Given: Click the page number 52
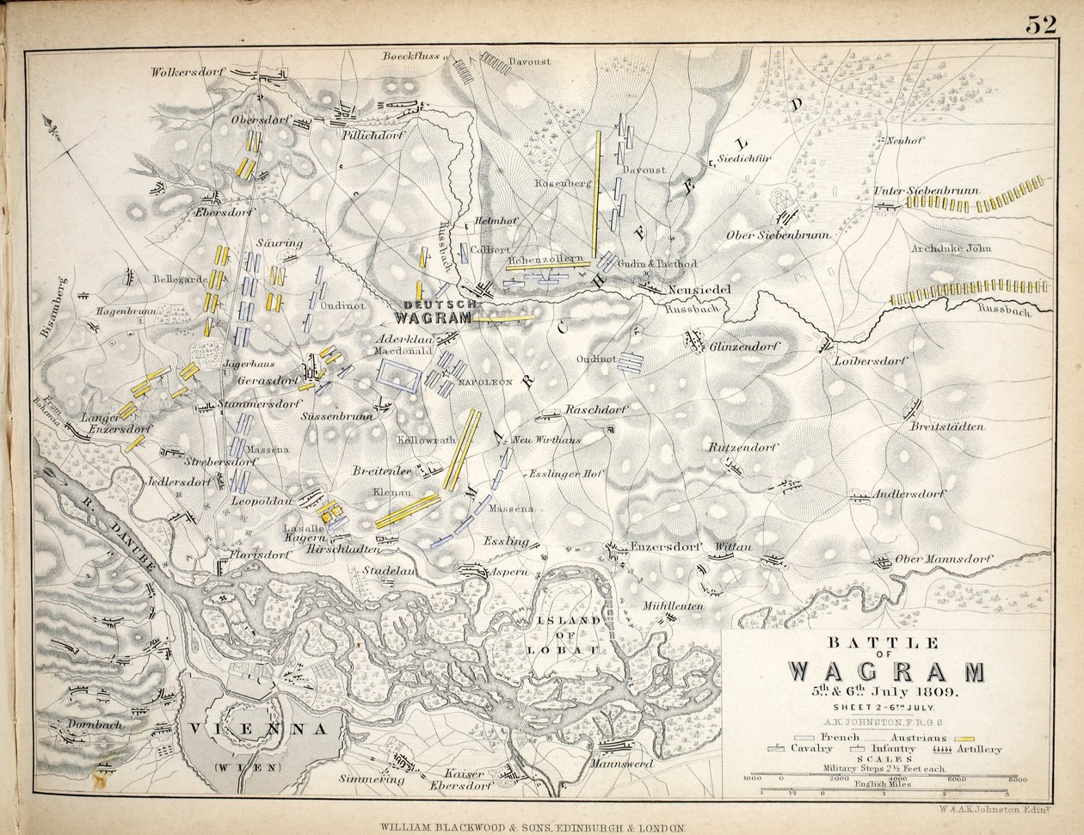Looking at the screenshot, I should coord(1040,25).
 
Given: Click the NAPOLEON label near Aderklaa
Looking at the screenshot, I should coord(487,381).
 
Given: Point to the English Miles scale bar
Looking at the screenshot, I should coord(884,791).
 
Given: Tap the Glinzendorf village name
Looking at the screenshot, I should coord(743,347).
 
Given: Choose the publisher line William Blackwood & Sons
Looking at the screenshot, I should coord(533,826).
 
